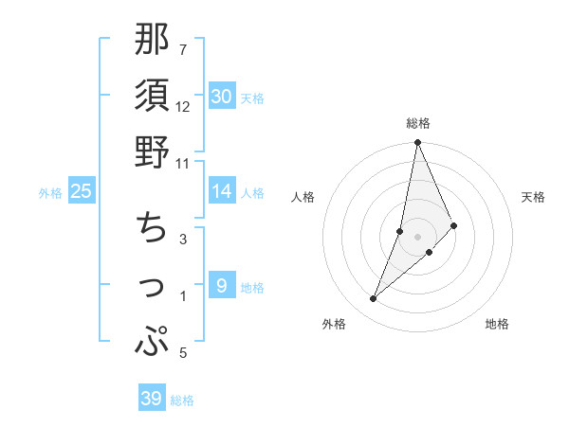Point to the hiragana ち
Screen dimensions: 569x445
(x=152, y=227)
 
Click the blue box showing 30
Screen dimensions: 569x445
(x=221, y=96)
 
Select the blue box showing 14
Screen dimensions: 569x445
(x=221, y=191)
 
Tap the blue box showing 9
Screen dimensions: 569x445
(x=221, y=286)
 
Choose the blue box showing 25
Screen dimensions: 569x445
(x=82, y=191)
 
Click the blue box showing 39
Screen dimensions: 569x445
(x=151, y=399)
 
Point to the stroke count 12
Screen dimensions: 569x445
(x=183, y=106)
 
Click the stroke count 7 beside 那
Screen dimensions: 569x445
(x=183, y=49)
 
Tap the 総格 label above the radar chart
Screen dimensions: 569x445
(x=417, y=123)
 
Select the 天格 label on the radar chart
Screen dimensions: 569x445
(x=534, y=197)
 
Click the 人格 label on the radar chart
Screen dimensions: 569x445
(x=303, y=197)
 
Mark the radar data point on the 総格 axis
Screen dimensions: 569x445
(x=417, y=144)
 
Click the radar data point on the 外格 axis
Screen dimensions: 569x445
(x=373, y=299)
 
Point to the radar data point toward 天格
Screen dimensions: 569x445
(x=454, y=225)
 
